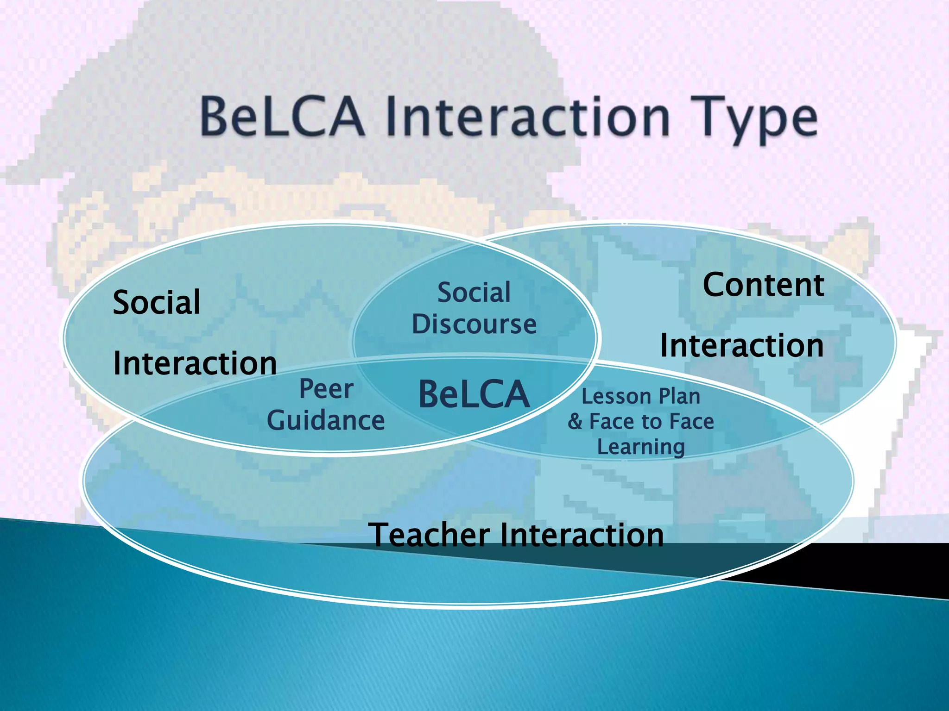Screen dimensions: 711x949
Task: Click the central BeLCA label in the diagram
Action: pos(474,394)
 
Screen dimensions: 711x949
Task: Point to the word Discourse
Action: pos(474,324)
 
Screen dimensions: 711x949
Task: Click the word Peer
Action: pos(326,389)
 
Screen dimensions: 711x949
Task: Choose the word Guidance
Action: pos(326,421)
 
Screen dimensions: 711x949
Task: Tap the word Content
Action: pos(763,285)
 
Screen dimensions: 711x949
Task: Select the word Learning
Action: pos(641,447)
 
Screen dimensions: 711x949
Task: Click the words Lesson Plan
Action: pos(641,397)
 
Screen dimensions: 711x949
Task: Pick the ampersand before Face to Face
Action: pos(575,422)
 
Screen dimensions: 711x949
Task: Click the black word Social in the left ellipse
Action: pos(157,303)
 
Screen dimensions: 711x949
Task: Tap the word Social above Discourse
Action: pos(474,293)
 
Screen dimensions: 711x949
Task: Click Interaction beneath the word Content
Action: pos(742,346)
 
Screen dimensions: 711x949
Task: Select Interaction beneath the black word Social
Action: pos(195,363)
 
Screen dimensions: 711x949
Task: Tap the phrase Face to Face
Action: pos(652,422)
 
